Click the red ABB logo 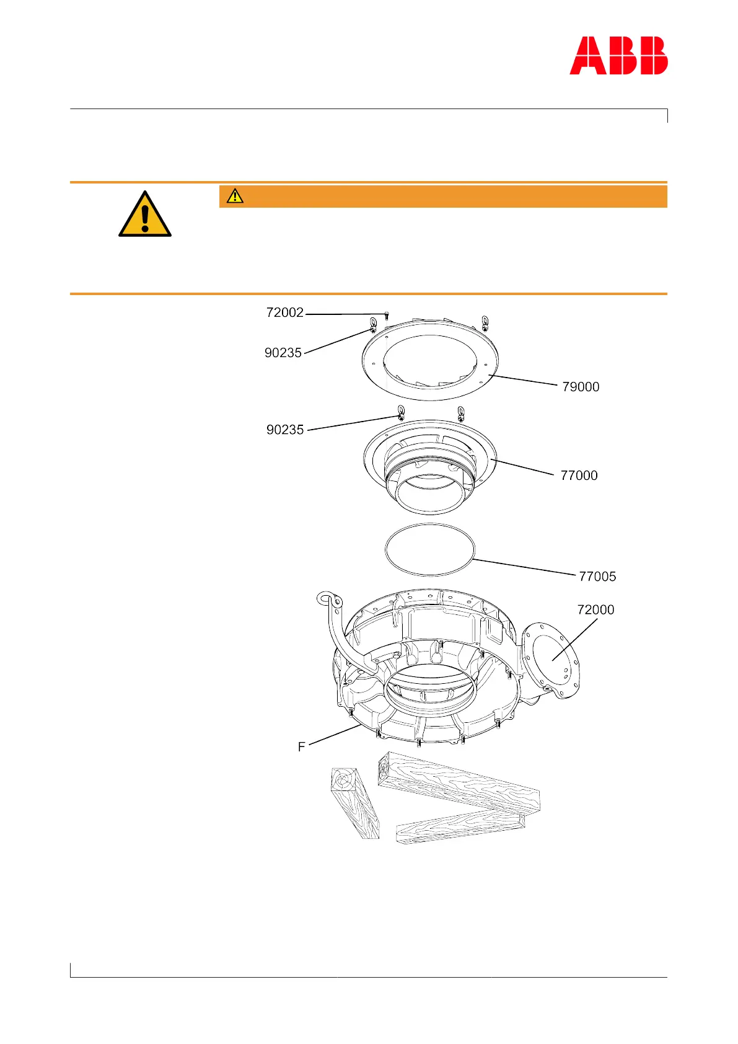click(618, 56)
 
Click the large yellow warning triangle click(145, 215)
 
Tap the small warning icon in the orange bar click(235, 197)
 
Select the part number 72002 click(285, 312)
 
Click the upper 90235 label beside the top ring click(283, 353)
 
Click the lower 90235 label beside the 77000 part click(285, 430)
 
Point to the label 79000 click(581, 387)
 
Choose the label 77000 click(579, 476)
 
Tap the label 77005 click(597, 577)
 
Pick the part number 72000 click(595, 610)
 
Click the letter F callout click(302, 747)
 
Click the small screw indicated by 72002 click(386, 316)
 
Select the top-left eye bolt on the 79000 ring click(372, 324)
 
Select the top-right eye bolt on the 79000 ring click(485, 322)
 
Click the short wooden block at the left click(354, 803)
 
